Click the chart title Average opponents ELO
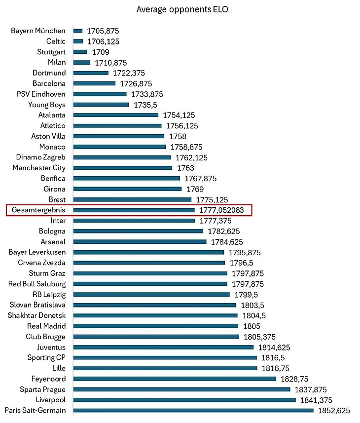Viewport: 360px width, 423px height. click(182, 9)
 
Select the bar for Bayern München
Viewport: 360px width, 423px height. click(78, 31)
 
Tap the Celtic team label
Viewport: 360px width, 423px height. click(56, 41)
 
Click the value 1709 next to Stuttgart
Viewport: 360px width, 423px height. click(101, 52)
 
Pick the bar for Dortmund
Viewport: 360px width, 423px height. click(91, 73)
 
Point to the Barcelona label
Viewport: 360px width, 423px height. click(49, 83)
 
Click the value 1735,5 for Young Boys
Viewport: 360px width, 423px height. click(145, 105)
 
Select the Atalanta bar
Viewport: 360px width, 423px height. click(116, 115)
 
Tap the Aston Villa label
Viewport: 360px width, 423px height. click(48, 136)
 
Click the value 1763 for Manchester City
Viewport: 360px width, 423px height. click(185, 168)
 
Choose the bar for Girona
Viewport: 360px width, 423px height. click(127, 189)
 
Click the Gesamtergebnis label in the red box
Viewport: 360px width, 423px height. click(38, 210)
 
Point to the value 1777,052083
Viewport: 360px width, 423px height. click(221, 210)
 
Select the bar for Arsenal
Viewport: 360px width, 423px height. click(140, 242)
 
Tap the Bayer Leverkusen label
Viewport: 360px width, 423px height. click(37, 252)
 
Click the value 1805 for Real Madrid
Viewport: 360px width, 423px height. click(252, 326)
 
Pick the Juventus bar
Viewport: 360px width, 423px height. click(164, 347)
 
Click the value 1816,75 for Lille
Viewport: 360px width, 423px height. click(276, 369)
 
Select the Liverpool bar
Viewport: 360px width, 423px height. click(184, 400)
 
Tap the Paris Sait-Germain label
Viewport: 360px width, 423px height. click(36, 411)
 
